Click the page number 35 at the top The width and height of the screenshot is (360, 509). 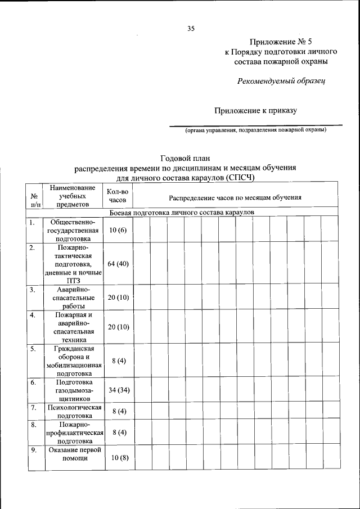coord(191,29)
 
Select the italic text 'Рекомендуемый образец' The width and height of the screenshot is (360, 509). coord(281,80)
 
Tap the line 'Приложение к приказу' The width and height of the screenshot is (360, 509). coord(255,111)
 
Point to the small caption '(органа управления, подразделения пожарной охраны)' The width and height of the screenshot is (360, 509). coord(256,130)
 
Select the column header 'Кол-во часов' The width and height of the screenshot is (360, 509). coord(118,196)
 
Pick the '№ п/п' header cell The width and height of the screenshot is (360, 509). coord(34,197)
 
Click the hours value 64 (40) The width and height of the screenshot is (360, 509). coord(119,264)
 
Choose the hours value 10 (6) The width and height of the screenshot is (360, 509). coord(118,230)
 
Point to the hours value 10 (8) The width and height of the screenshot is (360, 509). coord(119,457)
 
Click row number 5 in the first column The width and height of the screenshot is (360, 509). coord(33,349)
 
